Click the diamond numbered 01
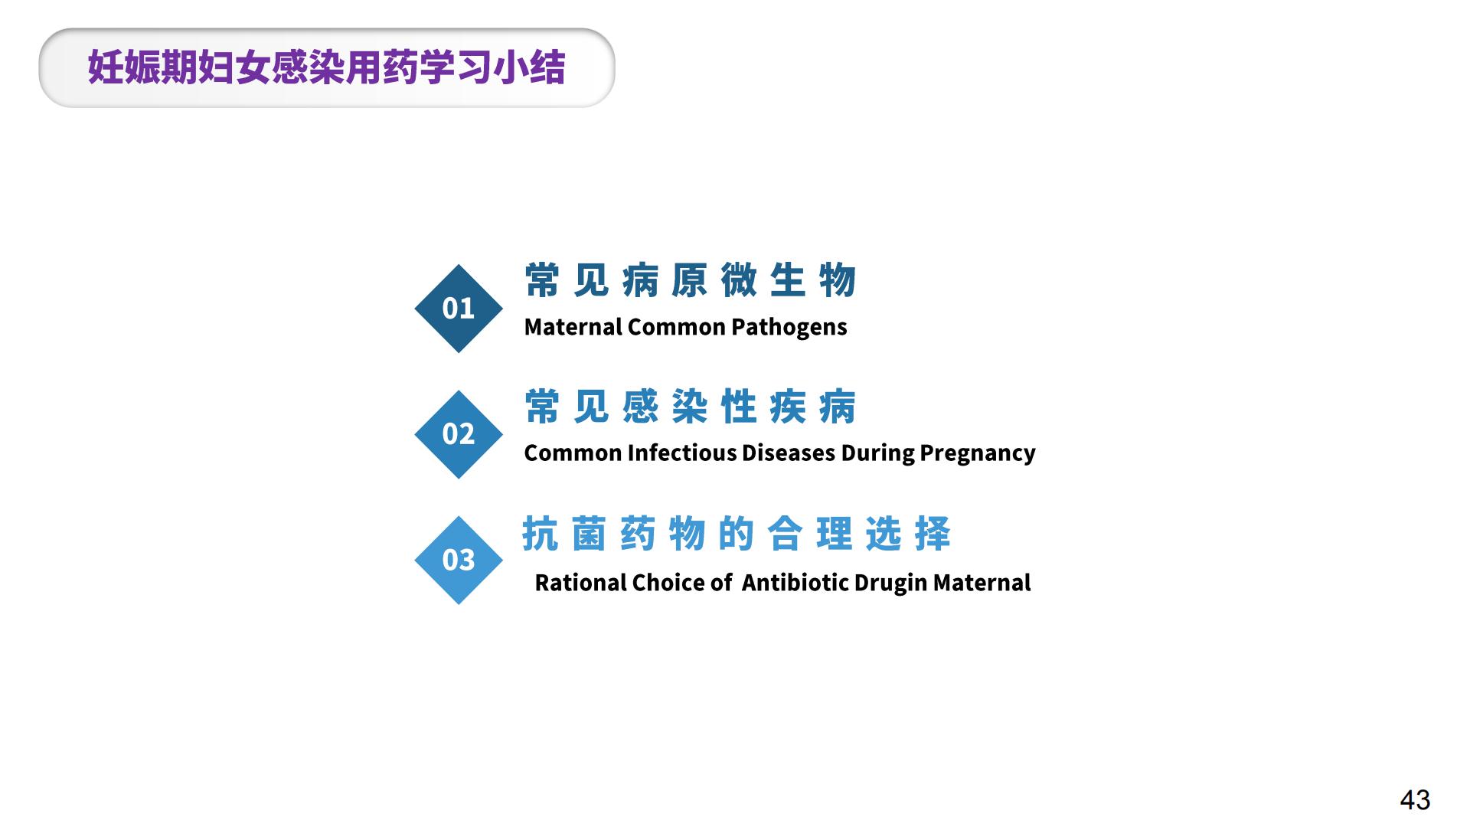[x=459, y=309]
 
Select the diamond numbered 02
[x=459, y=434]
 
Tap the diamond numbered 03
[x=459, y=560]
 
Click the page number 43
[x=1415, y=799]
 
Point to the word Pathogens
[x=789, y=328]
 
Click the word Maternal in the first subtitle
[x=573, y=327]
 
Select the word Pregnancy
[x=978, y=453]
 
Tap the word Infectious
[x=682, y=453]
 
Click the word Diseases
[x=789, y=453]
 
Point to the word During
[x=878, y=453]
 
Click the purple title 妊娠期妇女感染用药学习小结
[x=327, y=67]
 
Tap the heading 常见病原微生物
[x=691, y=280]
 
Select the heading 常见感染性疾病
[x=691, y=406]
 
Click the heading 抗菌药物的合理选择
[x=737, y=533]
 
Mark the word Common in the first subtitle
[x=677, y=327]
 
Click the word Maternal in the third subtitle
[x=982, y=583]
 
